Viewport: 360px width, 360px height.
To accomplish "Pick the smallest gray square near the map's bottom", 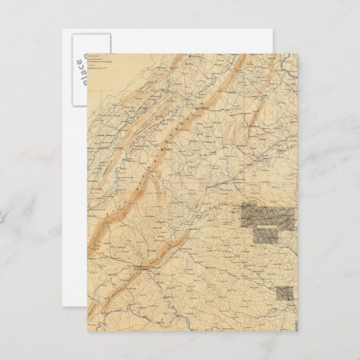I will click(286, 293).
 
